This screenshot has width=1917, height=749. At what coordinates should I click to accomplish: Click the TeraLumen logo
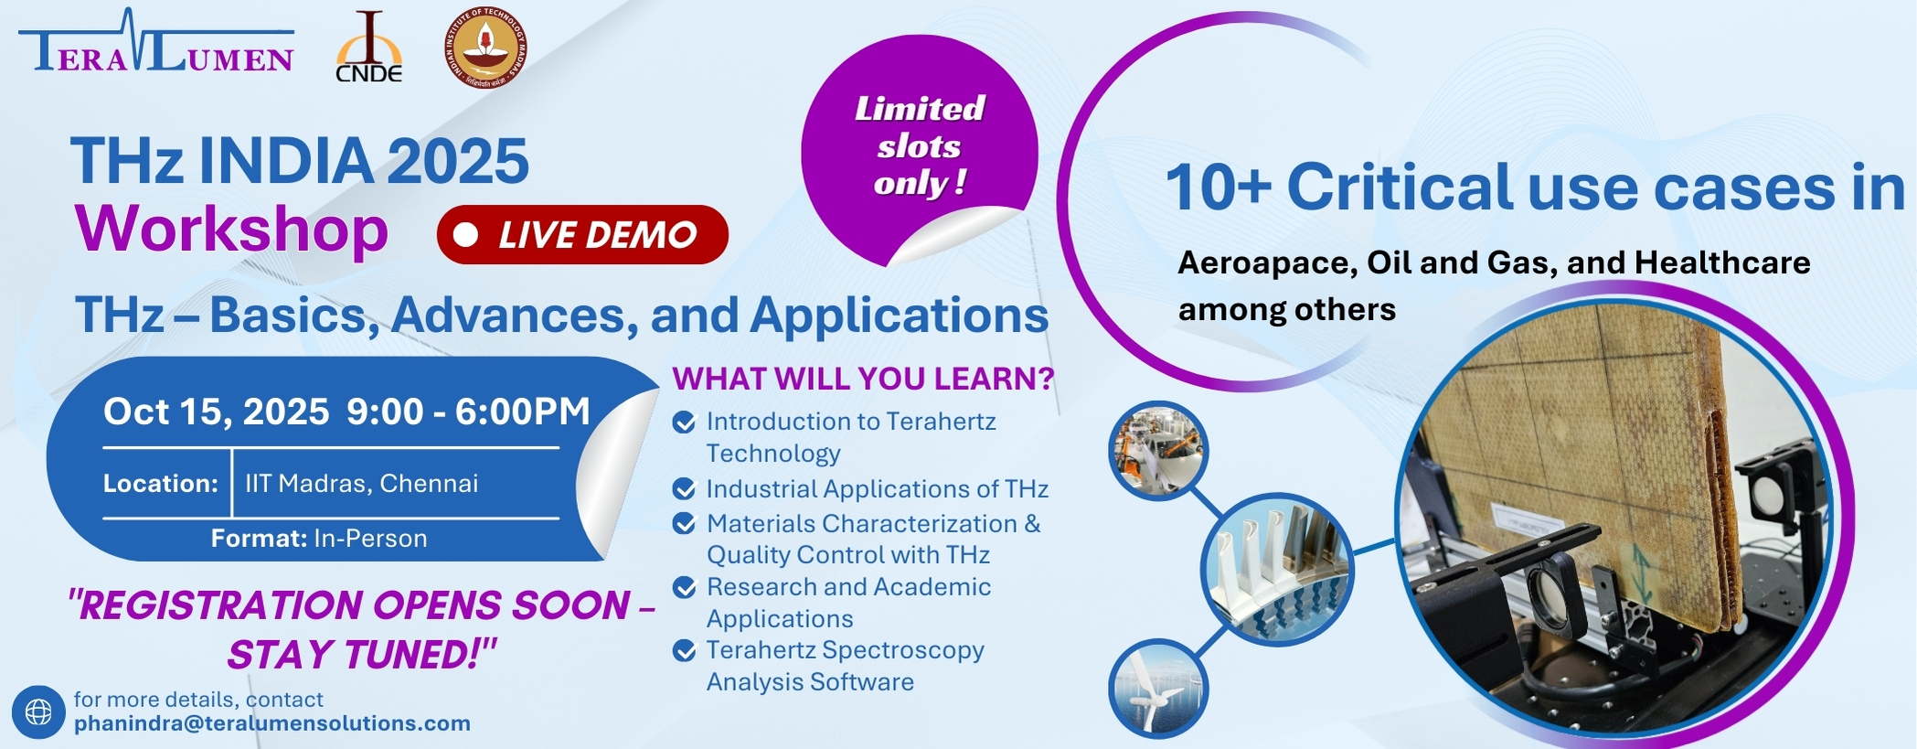pos(156,42)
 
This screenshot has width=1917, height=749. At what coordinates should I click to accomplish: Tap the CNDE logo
pos(369,48)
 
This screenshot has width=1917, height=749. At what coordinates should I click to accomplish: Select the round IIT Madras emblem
pos(485,48)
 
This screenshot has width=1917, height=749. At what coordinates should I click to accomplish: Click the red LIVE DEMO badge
pos(582,235)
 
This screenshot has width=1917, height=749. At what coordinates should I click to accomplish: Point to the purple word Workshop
pos(231,229)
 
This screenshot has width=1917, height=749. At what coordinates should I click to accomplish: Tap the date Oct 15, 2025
pos(216,412)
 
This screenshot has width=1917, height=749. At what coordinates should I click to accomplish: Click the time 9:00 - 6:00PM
pos(468,412)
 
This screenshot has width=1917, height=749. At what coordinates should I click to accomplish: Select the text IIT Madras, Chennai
pos(361,484)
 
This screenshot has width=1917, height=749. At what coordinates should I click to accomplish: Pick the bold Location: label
pos(161,484)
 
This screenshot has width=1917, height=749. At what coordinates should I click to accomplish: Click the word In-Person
pos(370,539)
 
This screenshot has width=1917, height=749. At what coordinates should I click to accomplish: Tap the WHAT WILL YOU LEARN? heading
pos(863,379)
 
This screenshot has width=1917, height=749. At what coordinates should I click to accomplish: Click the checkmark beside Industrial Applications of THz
pos(684,489)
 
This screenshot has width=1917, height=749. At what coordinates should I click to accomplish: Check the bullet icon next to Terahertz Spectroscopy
pos(684,650)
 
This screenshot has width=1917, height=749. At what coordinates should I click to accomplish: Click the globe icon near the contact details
pos(38,712)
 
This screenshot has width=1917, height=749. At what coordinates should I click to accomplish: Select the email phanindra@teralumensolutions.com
pos(272,723)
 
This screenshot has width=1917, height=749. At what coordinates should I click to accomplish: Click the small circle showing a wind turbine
pos(1158,689)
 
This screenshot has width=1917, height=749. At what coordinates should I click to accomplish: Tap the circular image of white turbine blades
pos(1277,570)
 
